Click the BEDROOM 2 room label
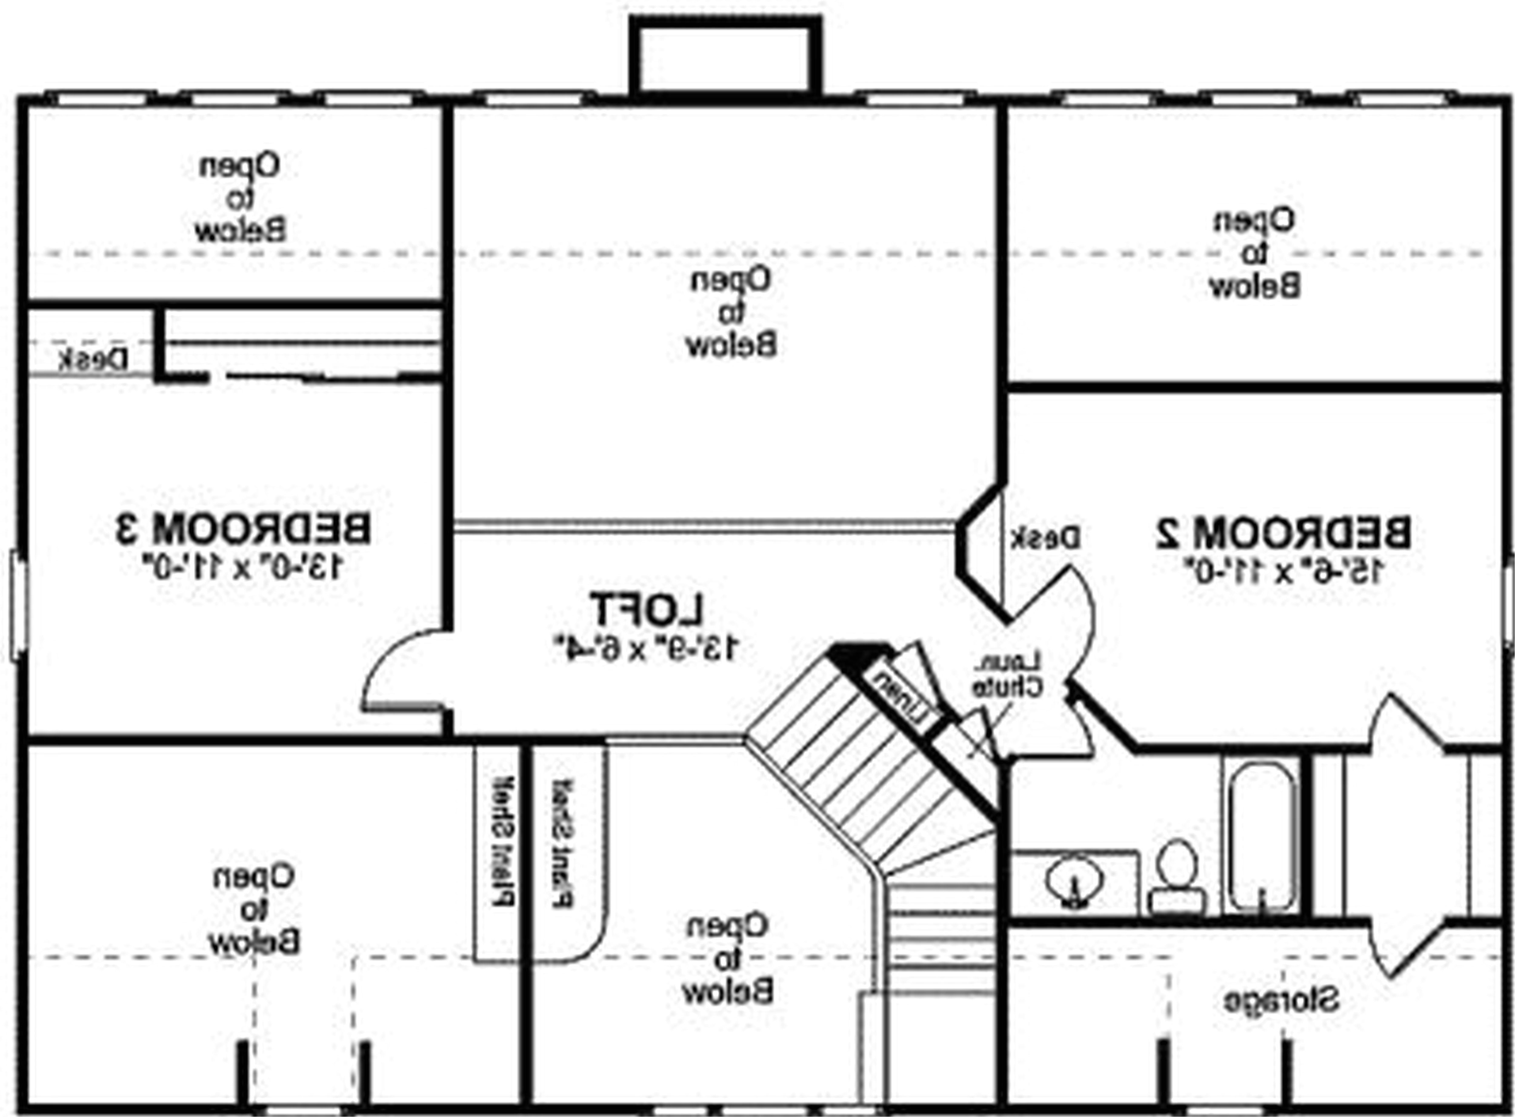click(x=1283, y=532)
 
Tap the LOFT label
click(x=648, y=609)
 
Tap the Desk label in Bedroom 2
click(x=1046, y=538)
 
